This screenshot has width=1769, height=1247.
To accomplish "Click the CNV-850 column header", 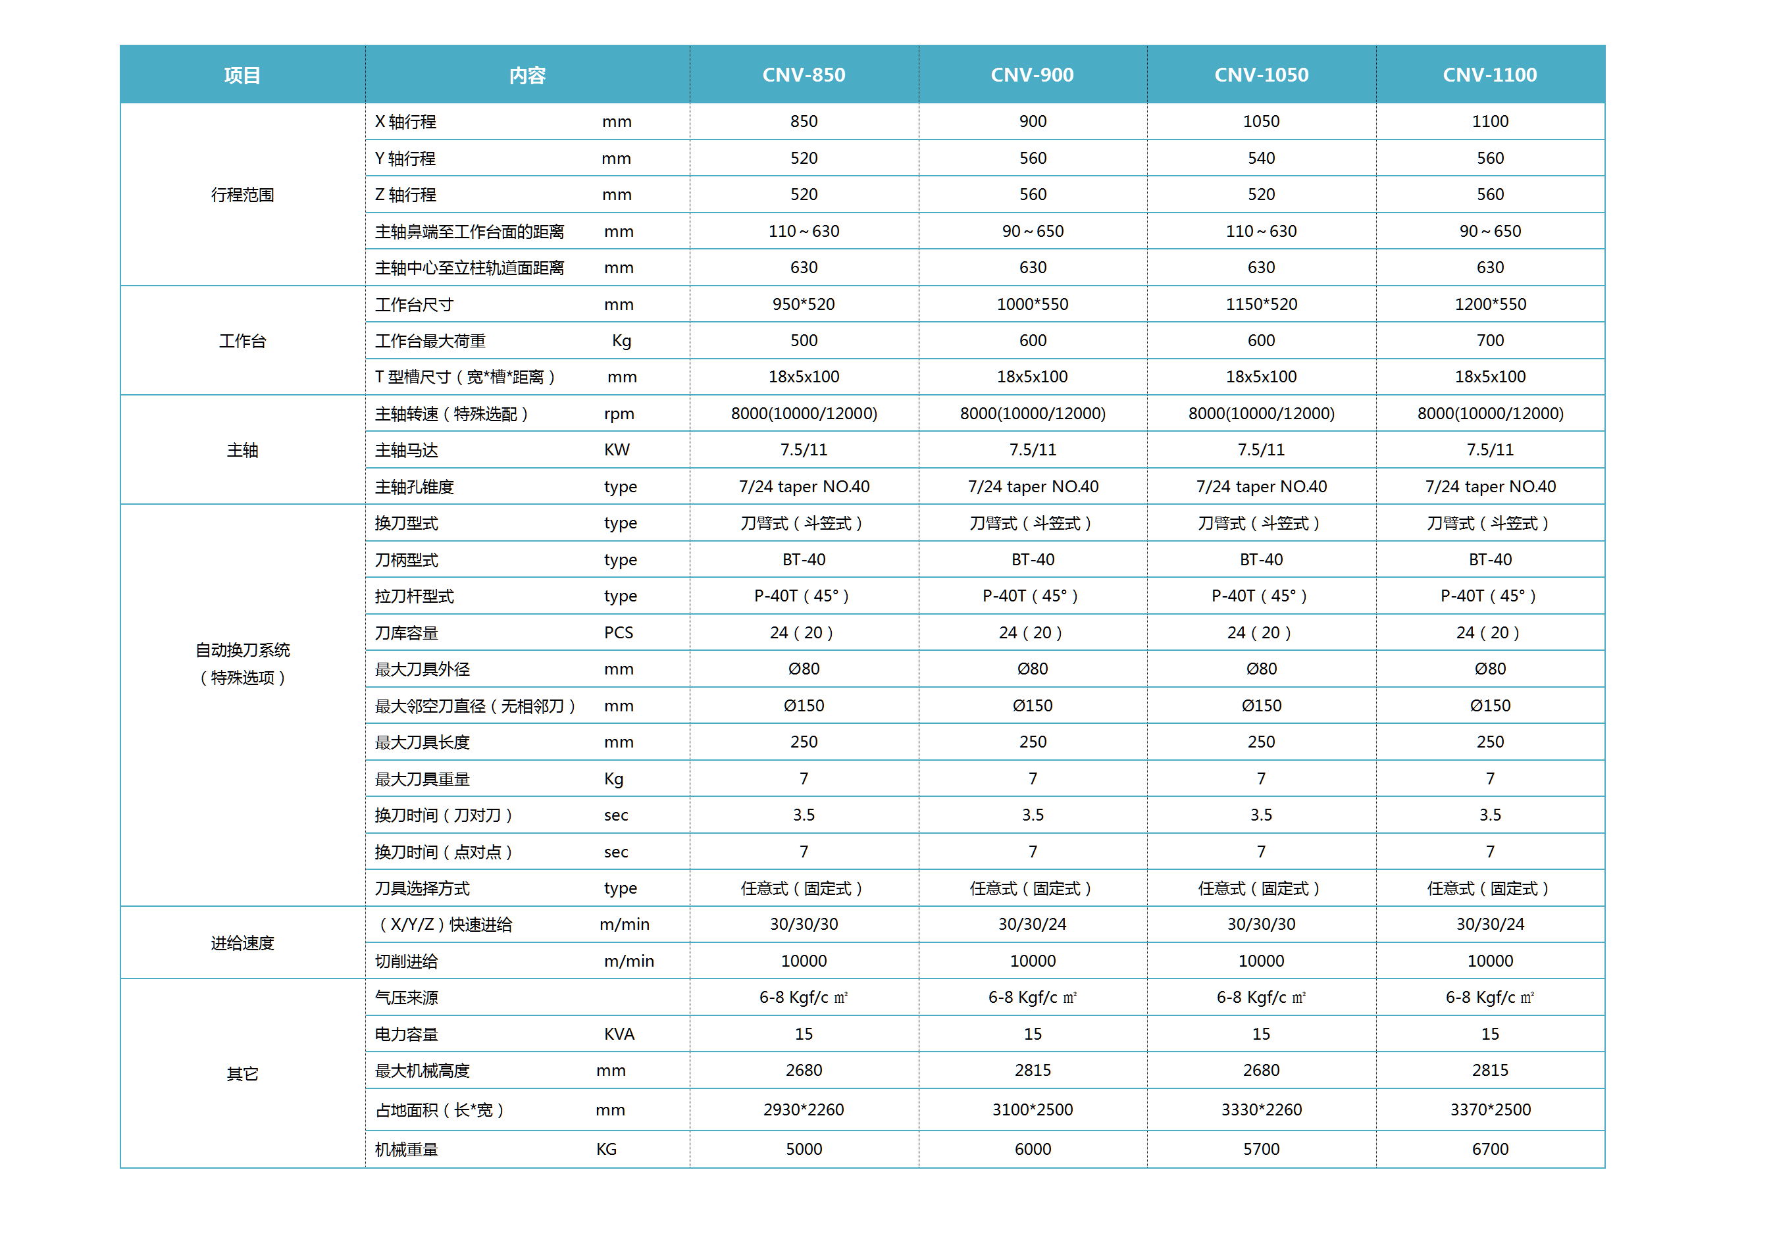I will tap(804, 75).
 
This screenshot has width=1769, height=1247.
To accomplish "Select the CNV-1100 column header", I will tap(1489, 75).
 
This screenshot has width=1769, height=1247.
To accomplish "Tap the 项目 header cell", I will tap(242, 76).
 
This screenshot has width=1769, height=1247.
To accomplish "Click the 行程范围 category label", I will tap(242, 195).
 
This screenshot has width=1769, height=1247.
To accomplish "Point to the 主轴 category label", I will tap(242, 451).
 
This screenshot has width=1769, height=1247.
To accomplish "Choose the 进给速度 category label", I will tap(242, 944).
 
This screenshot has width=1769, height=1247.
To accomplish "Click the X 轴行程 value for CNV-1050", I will tap(1261, 122).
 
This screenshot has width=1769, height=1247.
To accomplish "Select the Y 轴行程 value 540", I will tap(1261, 159).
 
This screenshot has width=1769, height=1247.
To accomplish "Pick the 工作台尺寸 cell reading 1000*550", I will tap(1033, 304).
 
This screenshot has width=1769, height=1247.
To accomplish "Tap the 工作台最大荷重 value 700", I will tap(1490, 340).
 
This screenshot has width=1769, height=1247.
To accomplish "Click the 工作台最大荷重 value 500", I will tap(804, 340).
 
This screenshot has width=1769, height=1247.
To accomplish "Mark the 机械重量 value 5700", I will tap(1261, 1149).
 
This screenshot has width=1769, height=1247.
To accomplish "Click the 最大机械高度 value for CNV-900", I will tap(1033, 1071).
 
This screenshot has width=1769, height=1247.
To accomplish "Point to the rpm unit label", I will tap(619, 415).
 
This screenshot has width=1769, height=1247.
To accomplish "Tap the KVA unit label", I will tap(619, 1034).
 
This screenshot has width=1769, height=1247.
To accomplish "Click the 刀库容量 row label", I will tap(406, 633).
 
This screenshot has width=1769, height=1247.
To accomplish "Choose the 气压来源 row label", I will tap(406, 998).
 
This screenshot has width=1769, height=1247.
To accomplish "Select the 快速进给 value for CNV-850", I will tap(804, 925).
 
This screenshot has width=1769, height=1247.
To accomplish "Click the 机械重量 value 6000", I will tap(1033, 1149).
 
